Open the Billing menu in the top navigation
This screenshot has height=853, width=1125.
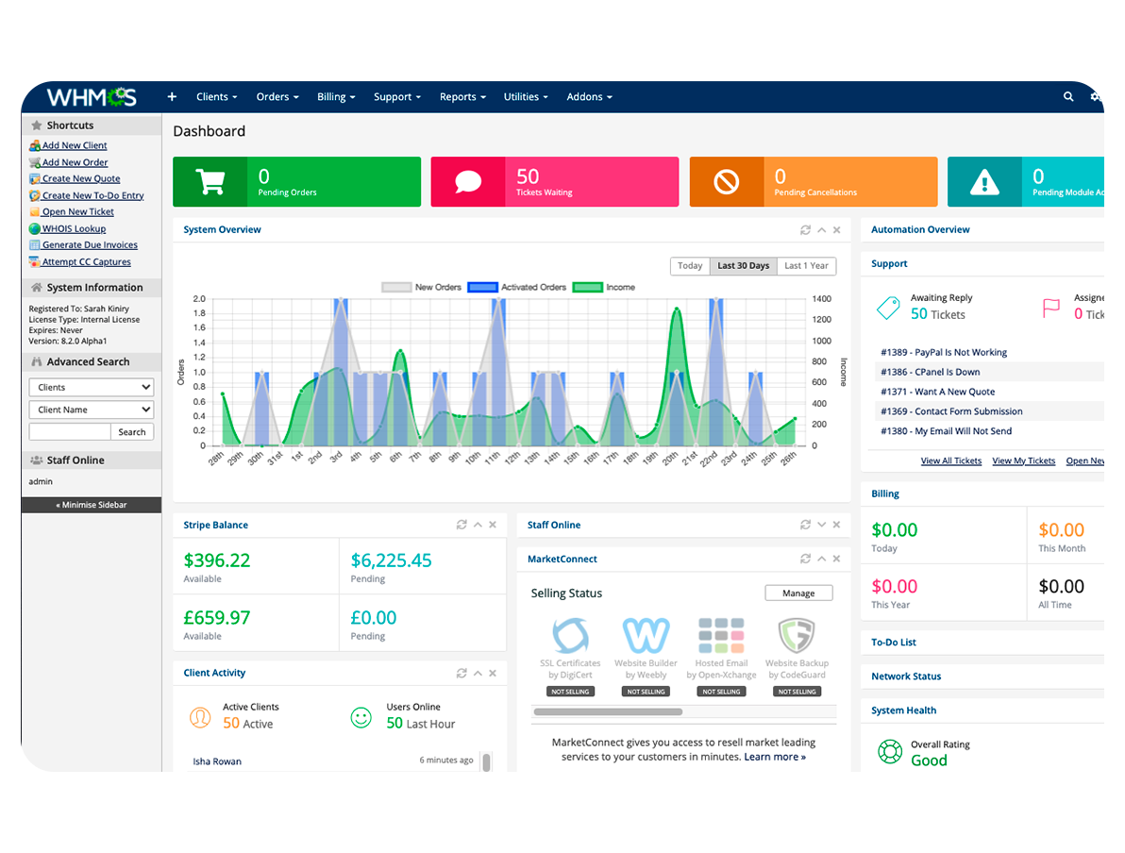pyautogui.click(x=336, y=97)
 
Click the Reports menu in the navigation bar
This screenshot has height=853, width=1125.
pyautogui.click(x=462, y=97)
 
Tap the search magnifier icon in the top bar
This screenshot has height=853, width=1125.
pyautogui.click(x=1068, y=96)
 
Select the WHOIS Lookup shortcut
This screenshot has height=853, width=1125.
pyautogui.click(x=74, y=228)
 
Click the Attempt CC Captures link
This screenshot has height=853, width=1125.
pyautogui.click(x=86, y=262)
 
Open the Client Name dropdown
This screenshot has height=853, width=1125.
pyautogui.click(x=92, y=410)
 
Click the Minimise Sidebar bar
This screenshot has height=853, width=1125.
pyautogui.click(x=92, y=505)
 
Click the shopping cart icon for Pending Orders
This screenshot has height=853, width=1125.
pyautogui.click(x=210, y=181)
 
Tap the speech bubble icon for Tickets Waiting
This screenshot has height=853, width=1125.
pyautogui.click(x=468, y=181)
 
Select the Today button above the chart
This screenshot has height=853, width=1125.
pyautogui.click(x=690, y=266)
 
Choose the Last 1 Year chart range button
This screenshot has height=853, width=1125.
pyautogui.click(x=806, y=266)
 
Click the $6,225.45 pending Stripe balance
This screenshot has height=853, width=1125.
pyautogui.click(x=391, y=560)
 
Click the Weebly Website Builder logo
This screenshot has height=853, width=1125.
pyautogui.click(x=646, y=636)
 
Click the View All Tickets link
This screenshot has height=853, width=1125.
pyautogui.click(x=950, y=460)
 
